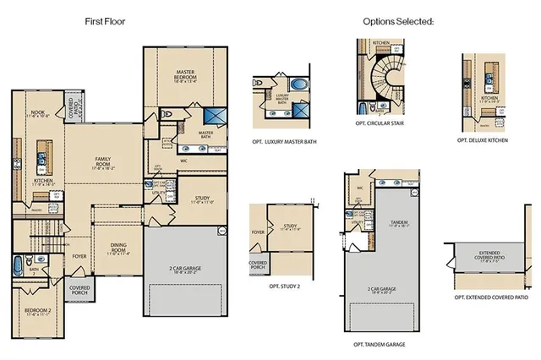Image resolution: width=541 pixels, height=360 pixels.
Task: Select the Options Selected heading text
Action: coord(398,20)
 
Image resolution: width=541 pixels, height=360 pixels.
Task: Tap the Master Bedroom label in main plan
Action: coord(186,76)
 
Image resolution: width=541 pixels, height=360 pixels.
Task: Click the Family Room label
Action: coord(105,162)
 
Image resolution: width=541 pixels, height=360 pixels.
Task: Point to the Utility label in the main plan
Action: coord(158,194)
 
